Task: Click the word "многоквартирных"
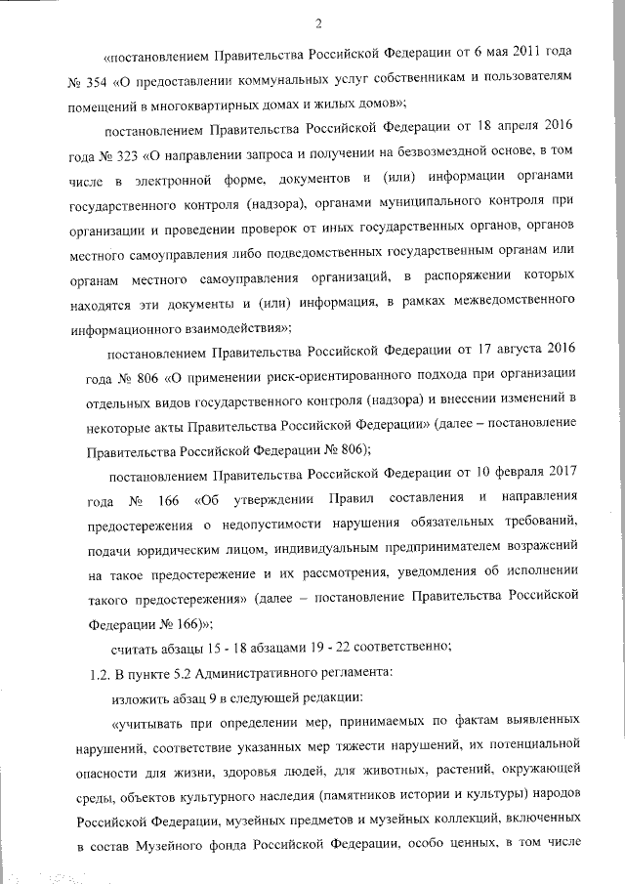[213, 103]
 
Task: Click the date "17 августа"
[487, 353]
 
